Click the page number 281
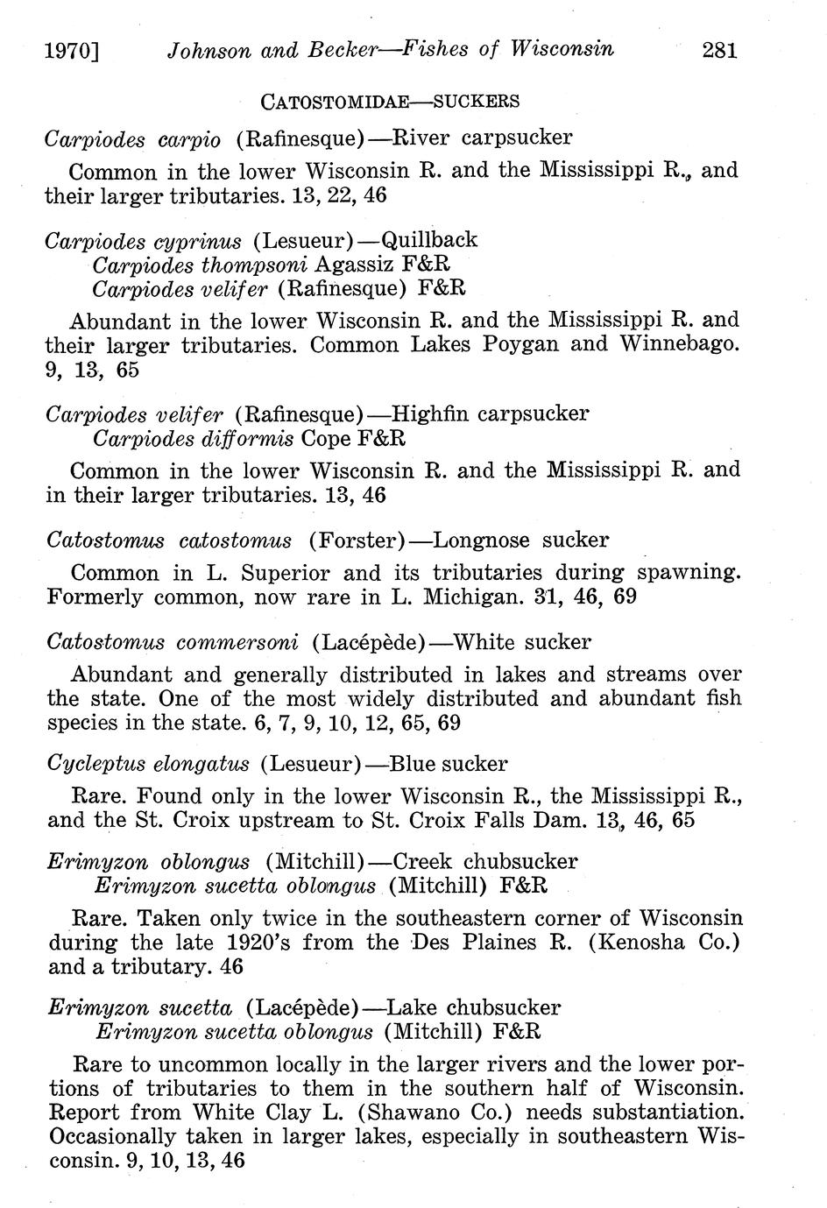click(720, 50)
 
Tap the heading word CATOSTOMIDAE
click(336, 102)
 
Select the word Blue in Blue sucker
click(413, 764)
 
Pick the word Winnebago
click(680, 344)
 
